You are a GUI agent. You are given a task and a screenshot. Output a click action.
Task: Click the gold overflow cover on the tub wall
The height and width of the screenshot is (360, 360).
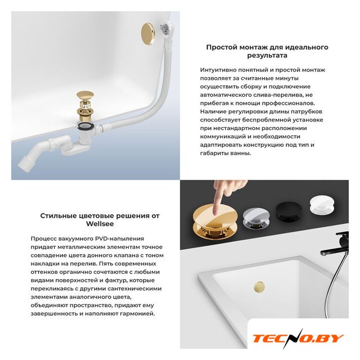tap(148, 33)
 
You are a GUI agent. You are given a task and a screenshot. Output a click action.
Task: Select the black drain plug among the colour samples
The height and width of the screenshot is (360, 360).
tap(290, 211)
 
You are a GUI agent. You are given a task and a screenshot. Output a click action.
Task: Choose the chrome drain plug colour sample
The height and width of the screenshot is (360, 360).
tap(256, 218)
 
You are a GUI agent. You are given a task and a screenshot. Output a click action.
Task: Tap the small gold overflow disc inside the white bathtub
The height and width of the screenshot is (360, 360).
tap(259, 287)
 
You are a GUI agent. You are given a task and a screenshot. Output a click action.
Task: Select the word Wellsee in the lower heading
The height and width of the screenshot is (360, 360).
tap(100, 224)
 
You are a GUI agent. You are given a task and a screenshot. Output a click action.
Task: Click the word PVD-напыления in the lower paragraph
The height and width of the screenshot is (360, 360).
tap(119, 238)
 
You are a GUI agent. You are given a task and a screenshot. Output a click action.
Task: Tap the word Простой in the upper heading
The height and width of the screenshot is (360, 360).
tap(222, 47)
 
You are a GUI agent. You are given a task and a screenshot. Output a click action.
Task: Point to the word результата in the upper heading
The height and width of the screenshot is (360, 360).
tap(267, 56)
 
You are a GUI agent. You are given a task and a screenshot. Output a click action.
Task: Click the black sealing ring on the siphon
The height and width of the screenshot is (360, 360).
tap(85, 126)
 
